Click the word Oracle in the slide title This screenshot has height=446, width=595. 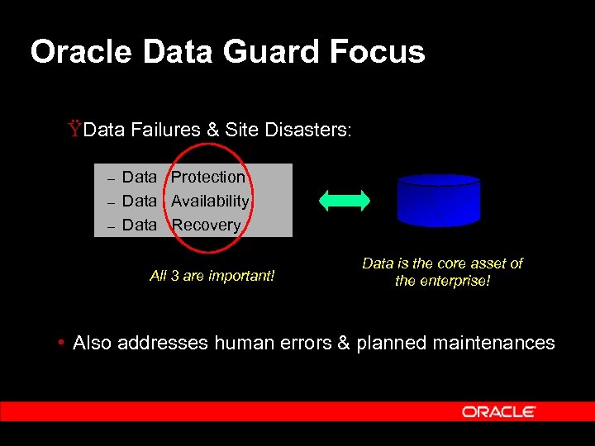(x=81, y=52)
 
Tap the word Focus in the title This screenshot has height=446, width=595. (x=377, y=52)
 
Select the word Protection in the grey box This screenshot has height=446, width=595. (x=208, y=177)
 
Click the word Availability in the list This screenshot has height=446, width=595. (x=210, y=201)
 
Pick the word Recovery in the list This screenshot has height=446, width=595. (x=207, y=225)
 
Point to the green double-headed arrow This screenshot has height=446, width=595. (x=345, y=200)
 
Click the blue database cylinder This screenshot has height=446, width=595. (x=438, y=200)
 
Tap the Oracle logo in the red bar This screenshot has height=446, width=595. (x=498, y=411)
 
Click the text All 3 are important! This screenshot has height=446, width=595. (x=212, y=276)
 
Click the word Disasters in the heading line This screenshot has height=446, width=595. (x=308, y=130)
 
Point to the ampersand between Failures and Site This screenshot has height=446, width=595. (x=213, y=130)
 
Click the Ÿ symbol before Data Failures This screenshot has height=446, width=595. (x=75, y=129)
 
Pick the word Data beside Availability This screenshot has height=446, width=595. (x=139, y=201)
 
